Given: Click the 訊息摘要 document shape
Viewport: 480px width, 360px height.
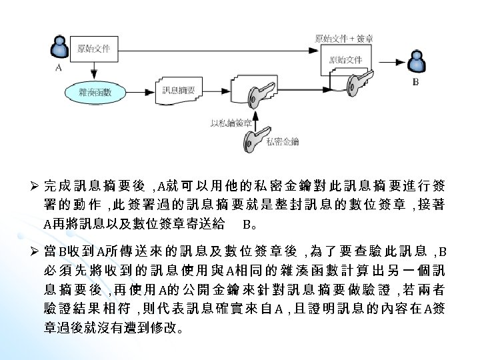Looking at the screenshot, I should pyautogui.click(x=178, y=91).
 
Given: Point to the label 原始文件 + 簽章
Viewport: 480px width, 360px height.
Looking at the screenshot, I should pyautogui.click(x=343, y=39).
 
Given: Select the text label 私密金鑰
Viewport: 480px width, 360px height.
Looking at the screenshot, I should pyautogui.click(x=282, y=141).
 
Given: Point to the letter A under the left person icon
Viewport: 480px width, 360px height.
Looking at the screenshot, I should pyautogui.click(x=59, y=68).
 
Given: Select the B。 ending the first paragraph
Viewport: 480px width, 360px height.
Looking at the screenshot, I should pyautogui.click(x=251, y=223).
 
